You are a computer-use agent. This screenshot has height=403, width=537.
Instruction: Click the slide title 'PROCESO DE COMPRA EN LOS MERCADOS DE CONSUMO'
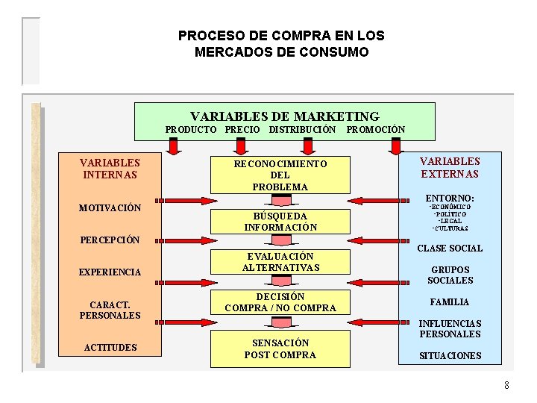pyautogui.click(x=281, y=44)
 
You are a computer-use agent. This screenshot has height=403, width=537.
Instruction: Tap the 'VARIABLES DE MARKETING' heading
pyautogui.click(x=284, y=116)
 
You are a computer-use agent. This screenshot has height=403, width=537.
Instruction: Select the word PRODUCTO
pyautogui.click(x=191, y=130)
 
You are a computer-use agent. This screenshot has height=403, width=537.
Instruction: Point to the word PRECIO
pyautogui.click(x=242, y=130)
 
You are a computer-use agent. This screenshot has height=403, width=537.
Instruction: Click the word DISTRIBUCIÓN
pyautogui.click(x=303, y=130)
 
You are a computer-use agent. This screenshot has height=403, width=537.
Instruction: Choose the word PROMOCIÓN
pyautogui.click(x=376, y=130)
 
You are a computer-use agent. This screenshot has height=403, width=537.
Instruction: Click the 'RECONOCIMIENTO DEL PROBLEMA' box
pyautogui.click(x=280, y=175)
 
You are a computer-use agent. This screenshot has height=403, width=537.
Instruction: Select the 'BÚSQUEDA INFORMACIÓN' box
pyautogui.click(x=280, y=222)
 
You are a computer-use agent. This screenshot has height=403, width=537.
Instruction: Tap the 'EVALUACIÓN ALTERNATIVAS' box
pyautogui.click(x=280, y=262)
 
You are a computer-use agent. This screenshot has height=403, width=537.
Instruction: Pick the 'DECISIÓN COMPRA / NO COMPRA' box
pyautogui.click(x=280, y=302)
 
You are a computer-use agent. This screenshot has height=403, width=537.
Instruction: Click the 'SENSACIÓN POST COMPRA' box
pyautogui.click(x=280, y=349)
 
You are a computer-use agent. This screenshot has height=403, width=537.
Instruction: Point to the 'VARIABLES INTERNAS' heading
pyautogui.click(x=110, y=168)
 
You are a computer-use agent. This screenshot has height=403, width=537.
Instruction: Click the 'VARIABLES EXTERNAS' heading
pyautogui.click(x=450, y=168)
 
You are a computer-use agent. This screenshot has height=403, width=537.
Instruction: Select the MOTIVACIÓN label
pyautogui.click(x=110, y=207)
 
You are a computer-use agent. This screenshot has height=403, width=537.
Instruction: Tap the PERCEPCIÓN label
pyautogui.click(x=110, y=240)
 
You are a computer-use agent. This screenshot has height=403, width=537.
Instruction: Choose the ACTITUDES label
pyautogui.click(x=110, y=347)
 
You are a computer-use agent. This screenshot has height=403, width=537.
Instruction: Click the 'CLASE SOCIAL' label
pyautogui.click(x=450, y=249)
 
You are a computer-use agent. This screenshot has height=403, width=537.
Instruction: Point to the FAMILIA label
pyautogui.click(x=450, y=302)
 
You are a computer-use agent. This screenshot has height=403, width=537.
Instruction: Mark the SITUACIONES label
pyautogui.click(x=450, y=356)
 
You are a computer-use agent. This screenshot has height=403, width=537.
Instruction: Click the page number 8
pyautogui.click(x=506, y=385)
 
